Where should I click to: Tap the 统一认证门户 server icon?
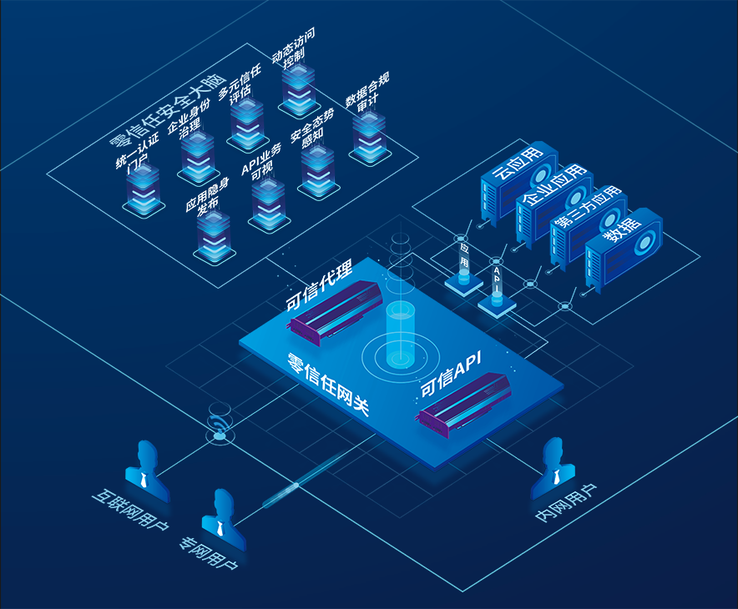[144, 191]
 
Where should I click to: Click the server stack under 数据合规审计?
[368, 137]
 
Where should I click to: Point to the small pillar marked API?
[497, 288]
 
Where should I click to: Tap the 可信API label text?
[450, 375]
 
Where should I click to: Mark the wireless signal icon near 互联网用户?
[219, 425]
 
